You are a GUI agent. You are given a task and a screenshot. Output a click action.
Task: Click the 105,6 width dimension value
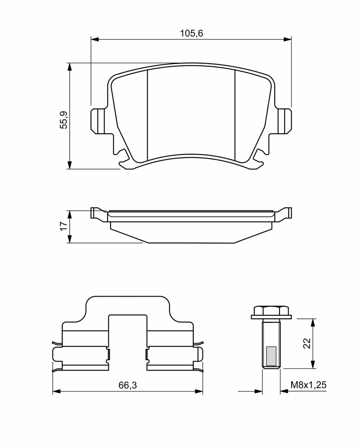coord(192,33)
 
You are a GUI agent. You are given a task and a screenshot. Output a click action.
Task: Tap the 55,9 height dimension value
coord(64,120)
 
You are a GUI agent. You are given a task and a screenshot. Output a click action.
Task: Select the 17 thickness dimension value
coord(64,226)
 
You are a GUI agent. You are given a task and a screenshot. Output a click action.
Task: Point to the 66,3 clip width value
coord(128,385)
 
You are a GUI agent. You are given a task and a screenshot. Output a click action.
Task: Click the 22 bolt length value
coord(307,343)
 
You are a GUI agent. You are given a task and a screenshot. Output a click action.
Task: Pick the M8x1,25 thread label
coord(308,385)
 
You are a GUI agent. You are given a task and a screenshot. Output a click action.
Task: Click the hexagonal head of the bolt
coord(271,310)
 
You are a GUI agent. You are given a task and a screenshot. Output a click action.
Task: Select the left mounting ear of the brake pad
coord(97,121)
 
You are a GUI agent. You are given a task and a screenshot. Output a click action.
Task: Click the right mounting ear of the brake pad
coord(284,121)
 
